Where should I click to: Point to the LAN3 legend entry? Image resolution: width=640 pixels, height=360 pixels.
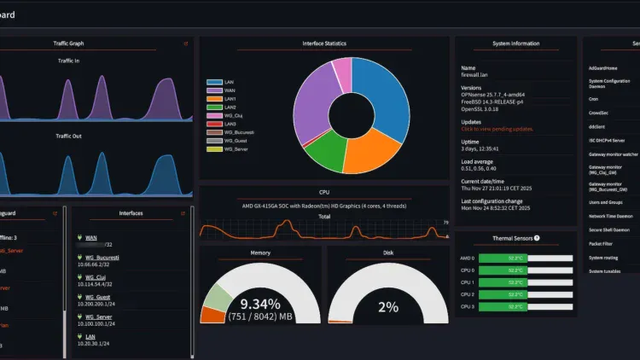pos(224,124)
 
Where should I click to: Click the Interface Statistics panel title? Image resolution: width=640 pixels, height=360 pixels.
pos(324,44)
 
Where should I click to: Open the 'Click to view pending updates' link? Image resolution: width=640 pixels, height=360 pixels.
pos(497,129)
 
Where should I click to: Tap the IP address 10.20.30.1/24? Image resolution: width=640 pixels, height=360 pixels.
pos(95,344)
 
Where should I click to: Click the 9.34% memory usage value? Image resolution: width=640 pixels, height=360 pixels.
pos(260,305)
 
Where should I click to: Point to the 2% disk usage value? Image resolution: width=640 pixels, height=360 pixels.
pos(388,307)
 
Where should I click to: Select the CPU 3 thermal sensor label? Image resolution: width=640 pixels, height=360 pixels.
pos(467,305)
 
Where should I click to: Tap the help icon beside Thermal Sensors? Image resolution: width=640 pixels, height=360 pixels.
pos(537,238)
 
